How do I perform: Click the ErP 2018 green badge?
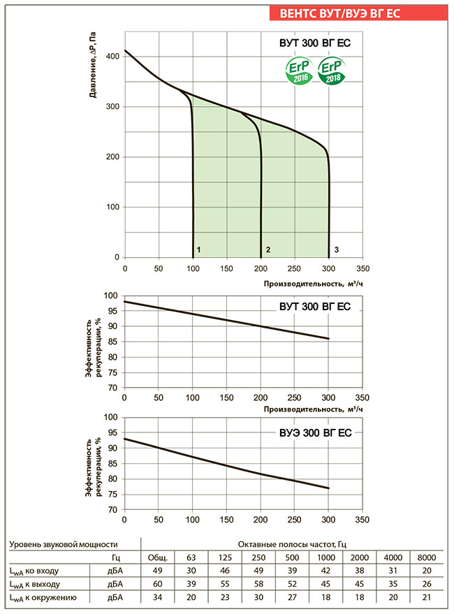pos(331,71)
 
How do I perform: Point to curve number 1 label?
pos(199,249)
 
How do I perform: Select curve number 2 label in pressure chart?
pos(268,249)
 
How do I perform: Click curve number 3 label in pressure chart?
pos(337,249)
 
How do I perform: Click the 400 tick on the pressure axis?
pos(112,56)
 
